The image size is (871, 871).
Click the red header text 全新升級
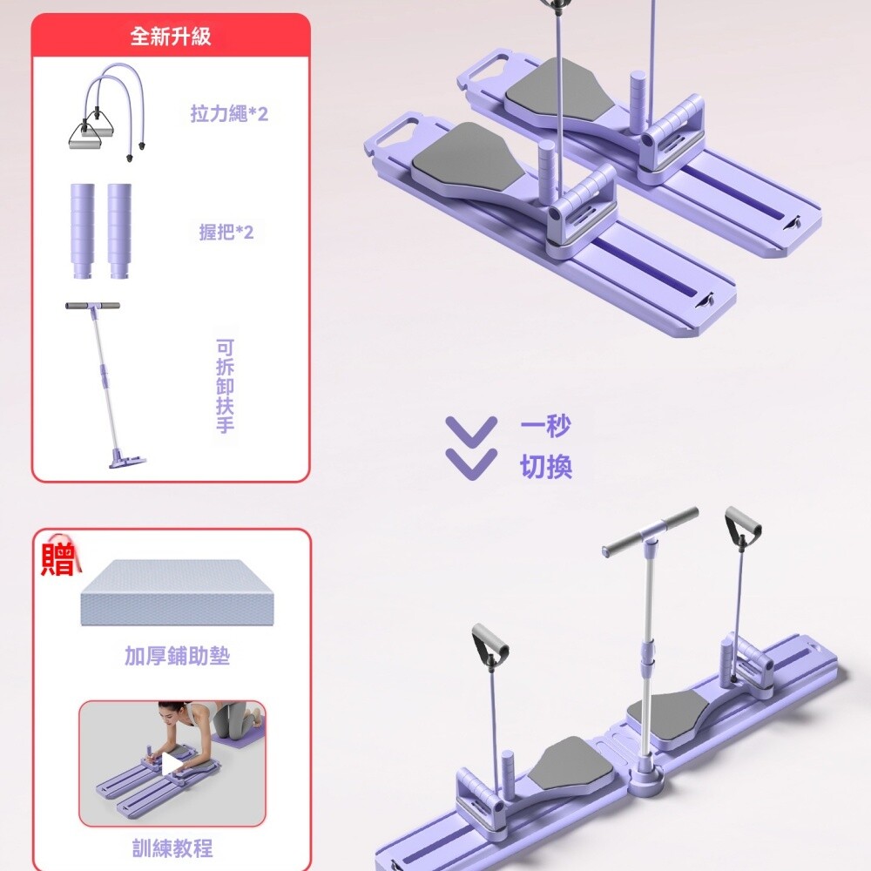[x=171, y=36]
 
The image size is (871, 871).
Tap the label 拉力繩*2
[x=229, y=114]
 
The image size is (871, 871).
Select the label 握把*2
[x=226, y=232]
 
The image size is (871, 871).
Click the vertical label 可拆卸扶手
[x=225, y=386]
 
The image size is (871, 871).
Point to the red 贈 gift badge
[x=58, y=559]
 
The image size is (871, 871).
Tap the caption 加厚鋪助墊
[x=177, y=656]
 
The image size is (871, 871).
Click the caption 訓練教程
[x=172, y=848]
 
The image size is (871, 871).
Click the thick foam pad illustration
[x=177, y=592]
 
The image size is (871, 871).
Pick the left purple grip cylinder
[x=82, y=230]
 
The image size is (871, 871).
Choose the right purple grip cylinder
[x=119, y=230]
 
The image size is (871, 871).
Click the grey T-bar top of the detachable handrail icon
[x=92, y=306]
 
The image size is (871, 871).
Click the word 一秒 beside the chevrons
[x=545, y=427]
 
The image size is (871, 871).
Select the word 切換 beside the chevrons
[x=546, y=467]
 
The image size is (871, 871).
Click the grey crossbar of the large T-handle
[x=651, y=532]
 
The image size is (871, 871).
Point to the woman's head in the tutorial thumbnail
[x=170, y=714]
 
